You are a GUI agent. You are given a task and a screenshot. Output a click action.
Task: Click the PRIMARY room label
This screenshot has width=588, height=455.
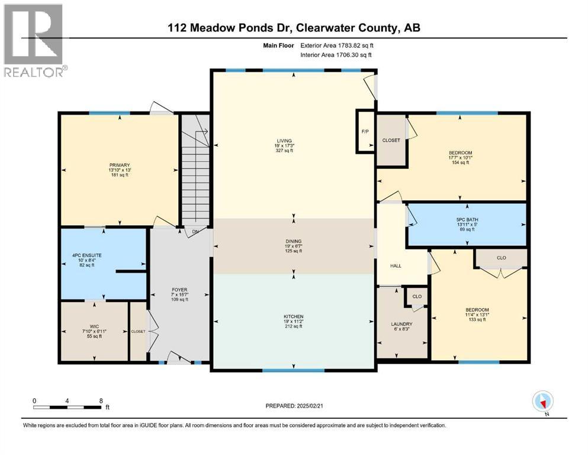(x=119, y=165)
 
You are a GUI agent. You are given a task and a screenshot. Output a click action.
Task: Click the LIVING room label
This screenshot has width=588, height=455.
(x=283, y=141)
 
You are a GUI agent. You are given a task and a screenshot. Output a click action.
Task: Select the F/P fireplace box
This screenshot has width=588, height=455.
(x=365, y=131)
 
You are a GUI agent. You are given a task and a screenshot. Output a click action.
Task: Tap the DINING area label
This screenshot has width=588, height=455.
(x=293, y=241)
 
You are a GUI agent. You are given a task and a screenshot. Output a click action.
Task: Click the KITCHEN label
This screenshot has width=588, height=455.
(x=293, y=317)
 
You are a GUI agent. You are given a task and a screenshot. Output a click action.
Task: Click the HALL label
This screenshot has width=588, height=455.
(x=396, y=265)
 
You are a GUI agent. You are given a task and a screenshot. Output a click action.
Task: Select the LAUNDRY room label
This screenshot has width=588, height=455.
(x=401, y=324)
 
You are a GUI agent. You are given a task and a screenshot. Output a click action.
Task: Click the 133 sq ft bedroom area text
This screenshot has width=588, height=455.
(x=477, y=319)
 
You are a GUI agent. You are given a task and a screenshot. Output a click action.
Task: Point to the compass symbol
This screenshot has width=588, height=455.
(x=542, y=401)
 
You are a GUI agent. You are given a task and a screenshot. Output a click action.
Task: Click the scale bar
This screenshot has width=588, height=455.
(x=68, y=407)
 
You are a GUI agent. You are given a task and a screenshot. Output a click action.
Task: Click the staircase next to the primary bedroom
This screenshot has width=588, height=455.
(x=195, y=172)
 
